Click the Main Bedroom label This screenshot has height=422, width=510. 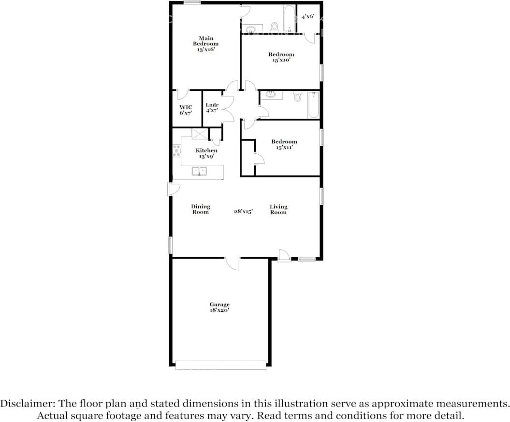pos(206,41)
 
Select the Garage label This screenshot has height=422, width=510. pos(219,305)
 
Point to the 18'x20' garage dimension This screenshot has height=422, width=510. pos(219,310)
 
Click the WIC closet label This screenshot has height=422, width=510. pos(186,107)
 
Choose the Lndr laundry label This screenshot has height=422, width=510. pos(212,105)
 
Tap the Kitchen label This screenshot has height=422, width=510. pos(206,151)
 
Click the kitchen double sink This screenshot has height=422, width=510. pos(199,171)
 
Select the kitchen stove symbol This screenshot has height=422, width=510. pos(176,151)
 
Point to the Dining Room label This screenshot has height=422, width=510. pos(201,209)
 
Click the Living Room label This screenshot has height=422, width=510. pos(278,209)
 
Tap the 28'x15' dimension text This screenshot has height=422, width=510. pos(244,211)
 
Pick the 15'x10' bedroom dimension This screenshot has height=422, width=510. pos(281,60)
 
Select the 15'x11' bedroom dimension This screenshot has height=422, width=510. pos(284,147)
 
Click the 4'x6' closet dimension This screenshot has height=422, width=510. pos(308,17)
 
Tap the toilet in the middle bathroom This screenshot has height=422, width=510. pos(297,97)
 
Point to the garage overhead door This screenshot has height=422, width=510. pos(220,365)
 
